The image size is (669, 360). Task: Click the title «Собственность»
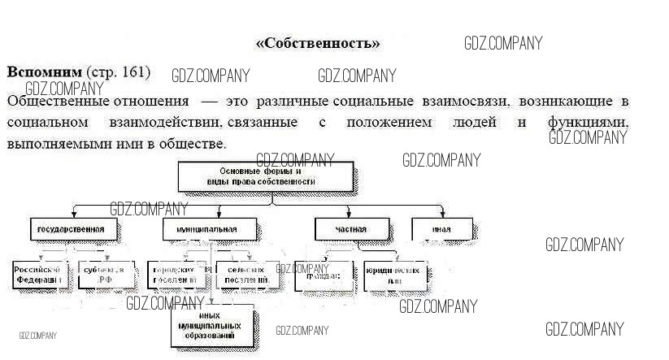coord(318,43)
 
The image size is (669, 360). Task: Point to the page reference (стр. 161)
coord(119,72)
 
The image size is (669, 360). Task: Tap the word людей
coord(477,124)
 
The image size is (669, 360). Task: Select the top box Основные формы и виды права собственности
coord(266,177)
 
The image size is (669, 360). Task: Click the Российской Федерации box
coord(38,274)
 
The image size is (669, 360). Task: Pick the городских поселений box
coord(173,274)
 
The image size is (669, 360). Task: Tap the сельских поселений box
coord(245,274)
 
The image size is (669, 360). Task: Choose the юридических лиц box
coord(395,274)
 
